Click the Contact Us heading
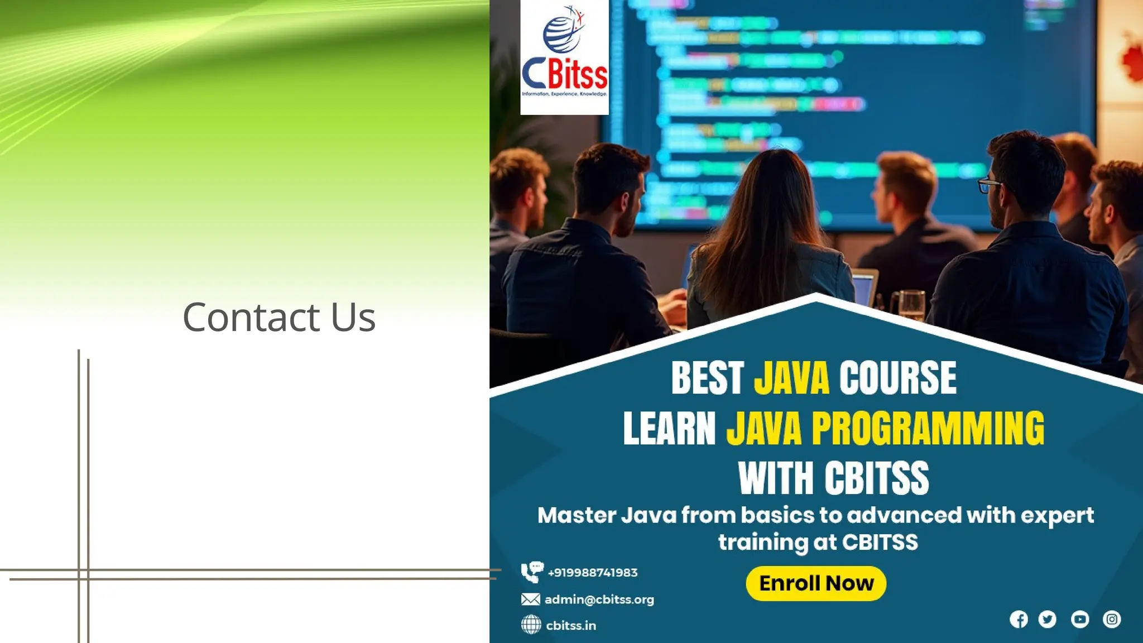[278, 317]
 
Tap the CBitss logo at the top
[564, 57]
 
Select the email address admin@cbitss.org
[599, 599]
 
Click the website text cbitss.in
[570, 626]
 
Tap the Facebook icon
[1019, 620]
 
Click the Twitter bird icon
[1047, 620]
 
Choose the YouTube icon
[1080, 620]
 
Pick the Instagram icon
[1112, 620]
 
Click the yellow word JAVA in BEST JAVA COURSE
[791, 378]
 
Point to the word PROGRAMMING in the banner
[928, 429]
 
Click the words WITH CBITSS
[833, 478]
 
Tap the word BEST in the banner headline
[707, 378]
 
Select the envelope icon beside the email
[530, 599]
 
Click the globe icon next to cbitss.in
[531, 625]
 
